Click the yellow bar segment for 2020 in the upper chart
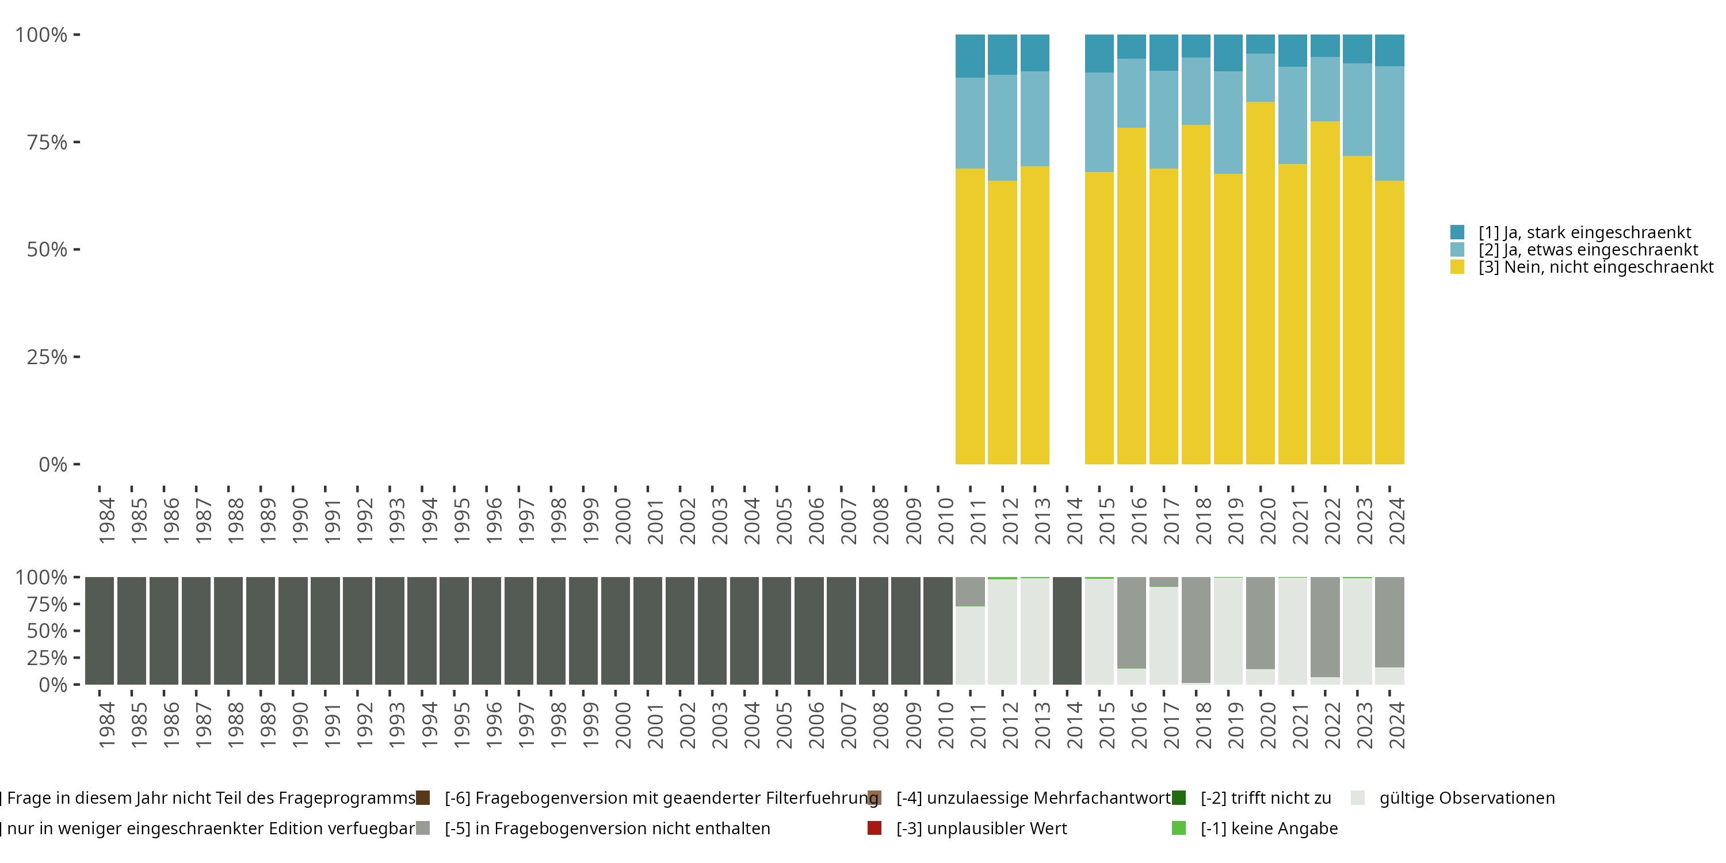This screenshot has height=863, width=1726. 1261,282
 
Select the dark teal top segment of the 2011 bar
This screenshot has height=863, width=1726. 969,56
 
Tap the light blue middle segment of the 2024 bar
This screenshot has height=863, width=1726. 1389,123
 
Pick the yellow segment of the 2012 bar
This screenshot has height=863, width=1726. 1002,322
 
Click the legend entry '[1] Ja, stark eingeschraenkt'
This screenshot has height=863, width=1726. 1584,232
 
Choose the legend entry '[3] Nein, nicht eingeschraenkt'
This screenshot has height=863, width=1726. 1596,268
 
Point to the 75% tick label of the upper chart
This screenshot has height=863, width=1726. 47,142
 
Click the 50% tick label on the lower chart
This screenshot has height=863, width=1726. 47,631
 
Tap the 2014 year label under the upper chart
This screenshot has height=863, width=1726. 1074,521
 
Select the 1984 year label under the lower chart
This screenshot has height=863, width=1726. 106,725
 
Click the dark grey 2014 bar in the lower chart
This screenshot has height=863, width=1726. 1067,631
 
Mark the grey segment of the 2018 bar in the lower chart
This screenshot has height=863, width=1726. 1196,630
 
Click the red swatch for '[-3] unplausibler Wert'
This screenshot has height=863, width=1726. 875,828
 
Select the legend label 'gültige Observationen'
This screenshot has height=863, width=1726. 1467,798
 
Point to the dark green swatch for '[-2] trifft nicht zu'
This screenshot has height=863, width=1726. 1179,797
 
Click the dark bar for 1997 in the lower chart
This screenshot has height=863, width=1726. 518,631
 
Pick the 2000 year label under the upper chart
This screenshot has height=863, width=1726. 623,521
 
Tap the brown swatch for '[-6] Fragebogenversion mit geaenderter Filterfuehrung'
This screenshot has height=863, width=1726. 423,797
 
